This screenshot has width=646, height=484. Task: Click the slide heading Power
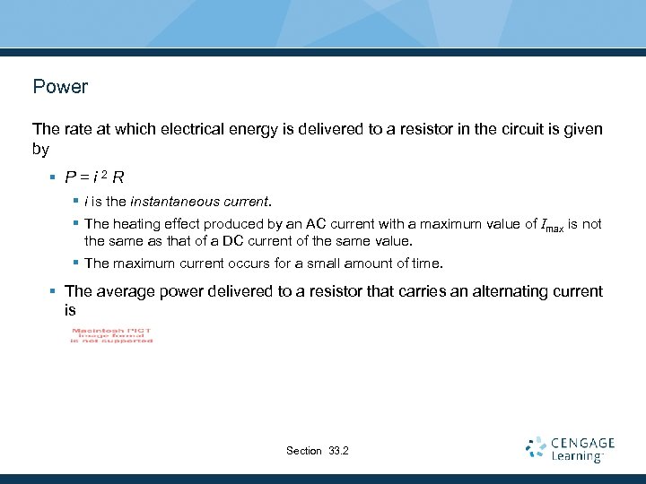(x=60, y=87)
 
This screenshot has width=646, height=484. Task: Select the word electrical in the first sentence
(x=191, y=129)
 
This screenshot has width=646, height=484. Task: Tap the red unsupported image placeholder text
(x=112, y=335)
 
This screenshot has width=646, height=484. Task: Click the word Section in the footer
(x=303, y=450)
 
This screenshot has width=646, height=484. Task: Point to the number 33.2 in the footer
(x=339, y=450)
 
